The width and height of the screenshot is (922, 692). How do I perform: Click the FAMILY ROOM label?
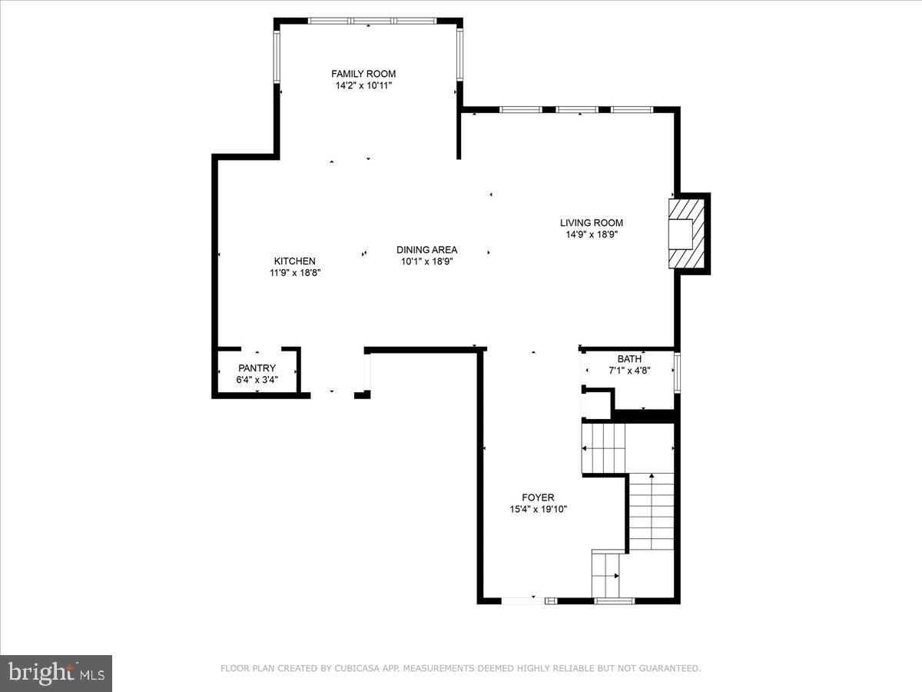tap(363, 74)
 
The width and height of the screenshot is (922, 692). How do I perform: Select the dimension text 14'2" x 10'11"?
tap(363, 86)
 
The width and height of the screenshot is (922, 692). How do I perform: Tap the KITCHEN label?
tap(294, 261)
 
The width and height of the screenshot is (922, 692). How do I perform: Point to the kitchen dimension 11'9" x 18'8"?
tap(294, 272)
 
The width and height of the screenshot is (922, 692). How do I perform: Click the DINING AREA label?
tap(426, 250)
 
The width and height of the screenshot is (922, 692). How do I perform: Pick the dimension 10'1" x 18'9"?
tap(426, 261)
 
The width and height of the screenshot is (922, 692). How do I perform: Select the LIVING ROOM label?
tap(591, 223)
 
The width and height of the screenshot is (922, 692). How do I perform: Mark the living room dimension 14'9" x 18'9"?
tap(591, 235)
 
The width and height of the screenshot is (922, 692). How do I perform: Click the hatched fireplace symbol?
tap(686, 234)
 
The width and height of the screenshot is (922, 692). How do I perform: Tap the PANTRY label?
tap(257, 368)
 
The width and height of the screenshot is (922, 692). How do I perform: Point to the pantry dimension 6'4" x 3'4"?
tap(257, 379)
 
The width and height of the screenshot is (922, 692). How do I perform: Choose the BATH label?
tap(629, 359)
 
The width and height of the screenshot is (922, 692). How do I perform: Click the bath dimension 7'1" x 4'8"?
tap(629, 370)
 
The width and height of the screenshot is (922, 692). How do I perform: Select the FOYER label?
tap(538, 497)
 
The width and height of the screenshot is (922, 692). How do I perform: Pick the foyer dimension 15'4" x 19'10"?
tap(538, 509)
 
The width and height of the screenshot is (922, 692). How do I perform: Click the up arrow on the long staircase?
tap(652, 477)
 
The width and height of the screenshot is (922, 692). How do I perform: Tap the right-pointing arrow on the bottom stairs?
tap(616, 575)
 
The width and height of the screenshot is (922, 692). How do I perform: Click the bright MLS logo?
tap(56, 674)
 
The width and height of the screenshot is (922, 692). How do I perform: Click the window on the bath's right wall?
tap(677, 372)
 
